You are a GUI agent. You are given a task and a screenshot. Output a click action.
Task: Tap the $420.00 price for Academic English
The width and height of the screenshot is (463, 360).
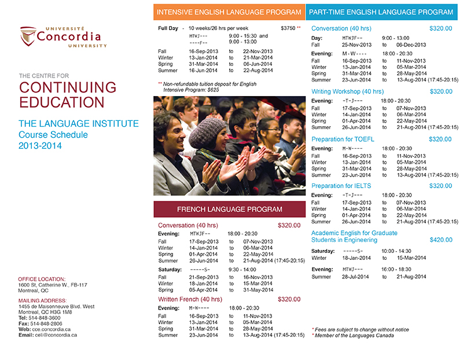[x=441, y=240]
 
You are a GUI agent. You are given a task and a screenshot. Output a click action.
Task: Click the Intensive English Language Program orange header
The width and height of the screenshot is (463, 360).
[x=229, y=12]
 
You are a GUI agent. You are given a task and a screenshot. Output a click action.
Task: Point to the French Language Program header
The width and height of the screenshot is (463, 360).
[x=229, y=209]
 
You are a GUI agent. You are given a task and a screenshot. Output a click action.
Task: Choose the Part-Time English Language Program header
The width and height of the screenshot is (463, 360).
[x=381, y=12]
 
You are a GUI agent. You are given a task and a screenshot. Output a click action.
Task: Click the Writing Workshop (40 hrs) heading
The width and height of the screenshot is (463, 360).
[x=347, y=91]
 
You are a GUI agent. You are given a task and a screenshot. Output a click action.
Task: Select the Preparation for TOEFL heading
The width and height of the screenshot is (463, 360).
[x=343, y=139]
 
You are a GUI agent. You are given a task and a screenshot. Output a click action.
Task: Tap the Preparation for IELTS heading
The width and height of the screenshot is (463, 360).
[x=341, y=186]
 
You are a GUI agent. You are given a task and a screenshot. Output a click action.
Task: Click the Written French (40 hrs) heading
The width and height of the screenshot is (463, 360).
[x=190, y=299]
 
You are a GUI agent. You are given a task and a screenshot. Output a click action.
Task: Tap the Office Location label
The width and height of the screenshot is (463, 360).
[x=42, y=279]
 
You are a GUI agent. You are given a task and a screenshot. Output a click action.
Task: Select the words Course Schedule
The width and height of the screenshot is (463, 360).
[x=53, y=135]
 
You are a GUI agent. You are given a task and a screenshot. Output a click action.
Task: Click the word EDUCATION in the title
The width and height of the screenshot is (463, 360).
[x=62, y=102]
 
